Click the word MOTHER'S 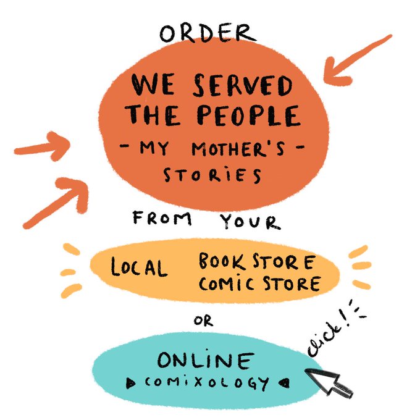(241, 150)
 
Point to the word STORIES (212, 175)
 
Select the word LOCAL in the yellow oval (139, 267)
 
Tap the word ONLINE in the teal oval (205, 361)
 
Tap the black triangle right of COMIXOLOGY (283, 382)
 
